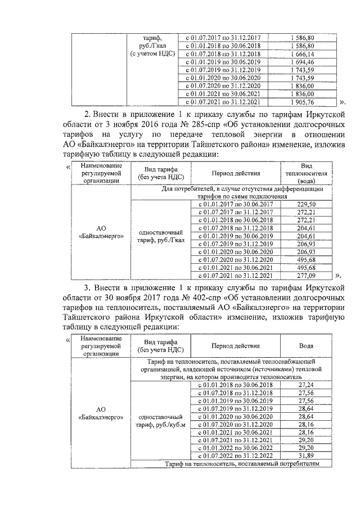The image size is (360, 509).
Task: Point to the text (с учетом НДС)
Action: click(x=150, y=53)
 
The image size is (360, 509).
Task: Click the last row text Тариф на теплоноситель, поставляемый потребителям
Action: click(x=242, y=464)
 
